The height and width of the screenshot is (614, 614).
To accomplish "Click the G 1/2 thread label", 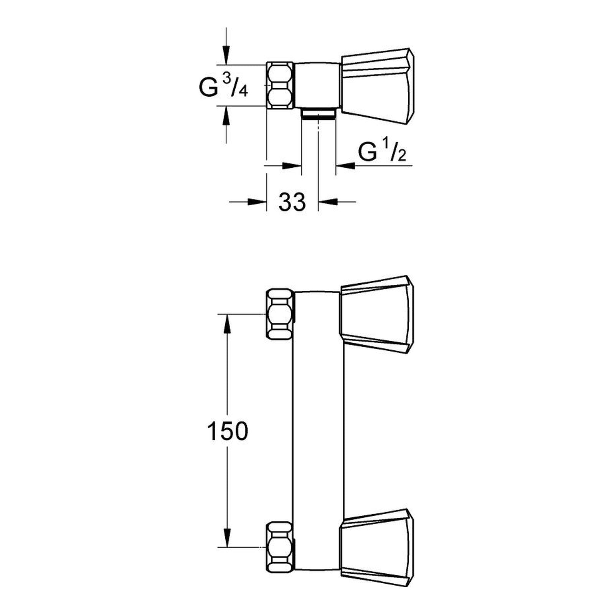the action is (381, 152).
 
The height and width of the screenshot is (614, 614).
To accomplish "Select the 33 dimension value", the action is (292, 201).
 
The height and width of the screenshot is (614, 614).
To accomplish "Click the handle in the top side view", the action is (378, 86).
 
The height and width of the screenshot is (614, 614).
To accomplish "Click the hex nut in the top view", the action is (280, 86).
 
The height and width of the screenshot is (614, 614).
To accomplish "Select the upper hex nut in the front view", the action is (281, 314).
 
